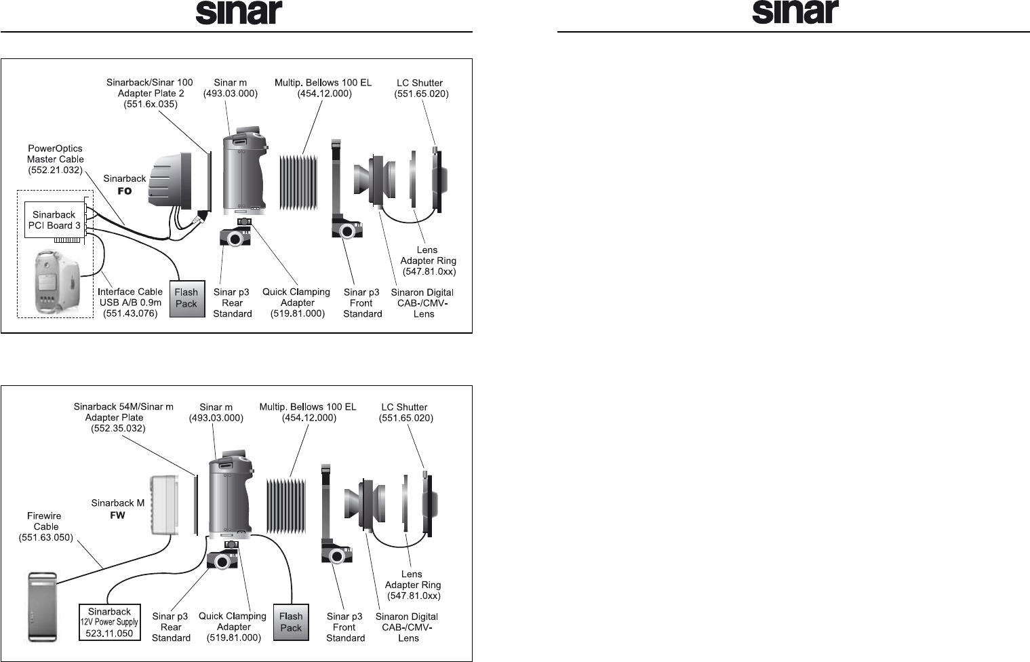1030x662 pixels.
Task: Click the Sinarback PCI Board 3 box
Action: [55, 220]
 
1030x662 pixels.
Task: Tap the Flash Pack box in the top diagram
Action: [186, 298]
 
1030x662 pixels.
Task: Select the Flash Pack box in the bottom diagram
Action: [291, 622]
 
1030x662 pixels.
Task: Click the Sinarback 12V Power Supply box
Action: [110, 622]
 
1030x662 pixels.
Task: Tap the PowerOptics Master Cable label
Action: [56, 159]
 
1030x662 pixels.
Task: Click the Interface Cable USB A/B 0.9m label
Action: [130, 303]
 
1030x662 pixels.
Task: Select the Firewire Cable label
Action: [45, 526]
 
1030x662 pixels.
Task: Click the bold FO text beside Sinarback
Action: [124, 191]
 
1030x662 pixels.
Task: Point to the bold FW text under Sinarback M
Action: [117, 515]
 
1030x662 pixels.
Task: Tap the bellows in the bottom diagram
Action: [283, 505]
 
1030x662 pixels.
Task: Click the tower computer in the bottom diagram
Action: [42, 606]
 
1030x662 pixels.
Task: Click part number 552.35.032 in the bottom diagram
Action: [118, 429]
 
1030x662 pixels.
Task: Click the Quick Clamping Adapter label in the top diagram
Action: [297, 303]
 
